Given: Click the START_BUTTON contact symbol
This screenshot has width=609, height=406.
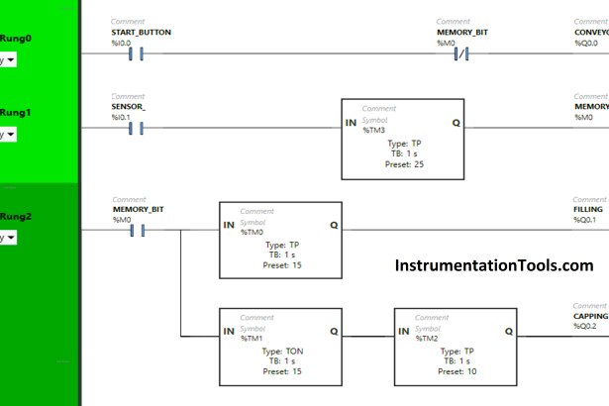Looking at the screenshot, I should click(x=137, y=52).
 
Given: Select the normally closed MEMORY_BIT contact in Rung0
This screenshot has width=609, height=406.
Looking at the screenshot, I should click(x=460, y=52).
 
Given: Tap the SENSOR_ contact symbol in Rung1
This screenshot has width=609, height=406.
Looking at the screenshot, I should click(x=137, y=128).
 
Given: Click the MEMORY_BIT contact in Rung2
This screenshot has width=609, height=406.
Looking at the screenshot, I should click(x=137, y=232).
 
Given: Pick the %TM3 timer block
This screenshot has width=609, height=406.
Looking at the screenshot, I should click(x=402, y=140).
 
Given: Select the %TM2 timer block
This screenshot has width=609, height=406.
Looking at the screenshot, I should click(x=454, y=347).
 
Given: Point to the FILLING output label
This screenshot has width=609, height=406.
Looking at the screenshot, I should click(x=588, y=210).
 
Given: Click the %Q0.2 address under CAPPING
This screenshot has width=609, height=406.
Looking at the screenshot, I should click(x=588, y=326).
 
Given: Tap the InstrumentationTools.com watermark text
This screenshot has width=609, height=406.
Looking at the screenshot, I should click(x=493, y=265).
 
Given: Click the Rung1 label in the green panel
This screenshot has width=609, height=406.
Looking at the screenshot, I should click(x=16, y=113).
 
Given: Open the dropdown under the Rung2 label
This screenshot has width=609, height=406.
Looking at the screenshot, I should click(x=9, y=238).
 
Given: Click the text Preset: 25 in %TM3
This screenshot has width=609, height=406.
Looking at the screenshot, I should click(x=403, y=164).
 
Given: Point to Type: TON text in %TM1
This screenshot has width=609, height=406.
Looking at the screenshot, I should click(x=281, y=352).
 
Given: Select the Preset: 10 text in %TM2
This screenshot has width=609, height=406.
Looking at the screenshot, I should click(x=456, y=371).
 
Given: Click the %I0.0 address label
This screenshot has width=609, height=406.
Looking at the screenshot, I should click(x=121, y=43).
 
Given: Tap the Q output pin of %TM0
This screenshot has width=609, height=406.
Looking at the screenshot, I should click(x=334, y=226).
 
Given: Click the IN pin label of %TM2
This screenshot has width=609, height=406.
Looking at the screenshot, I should click(x=402, y=331).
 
